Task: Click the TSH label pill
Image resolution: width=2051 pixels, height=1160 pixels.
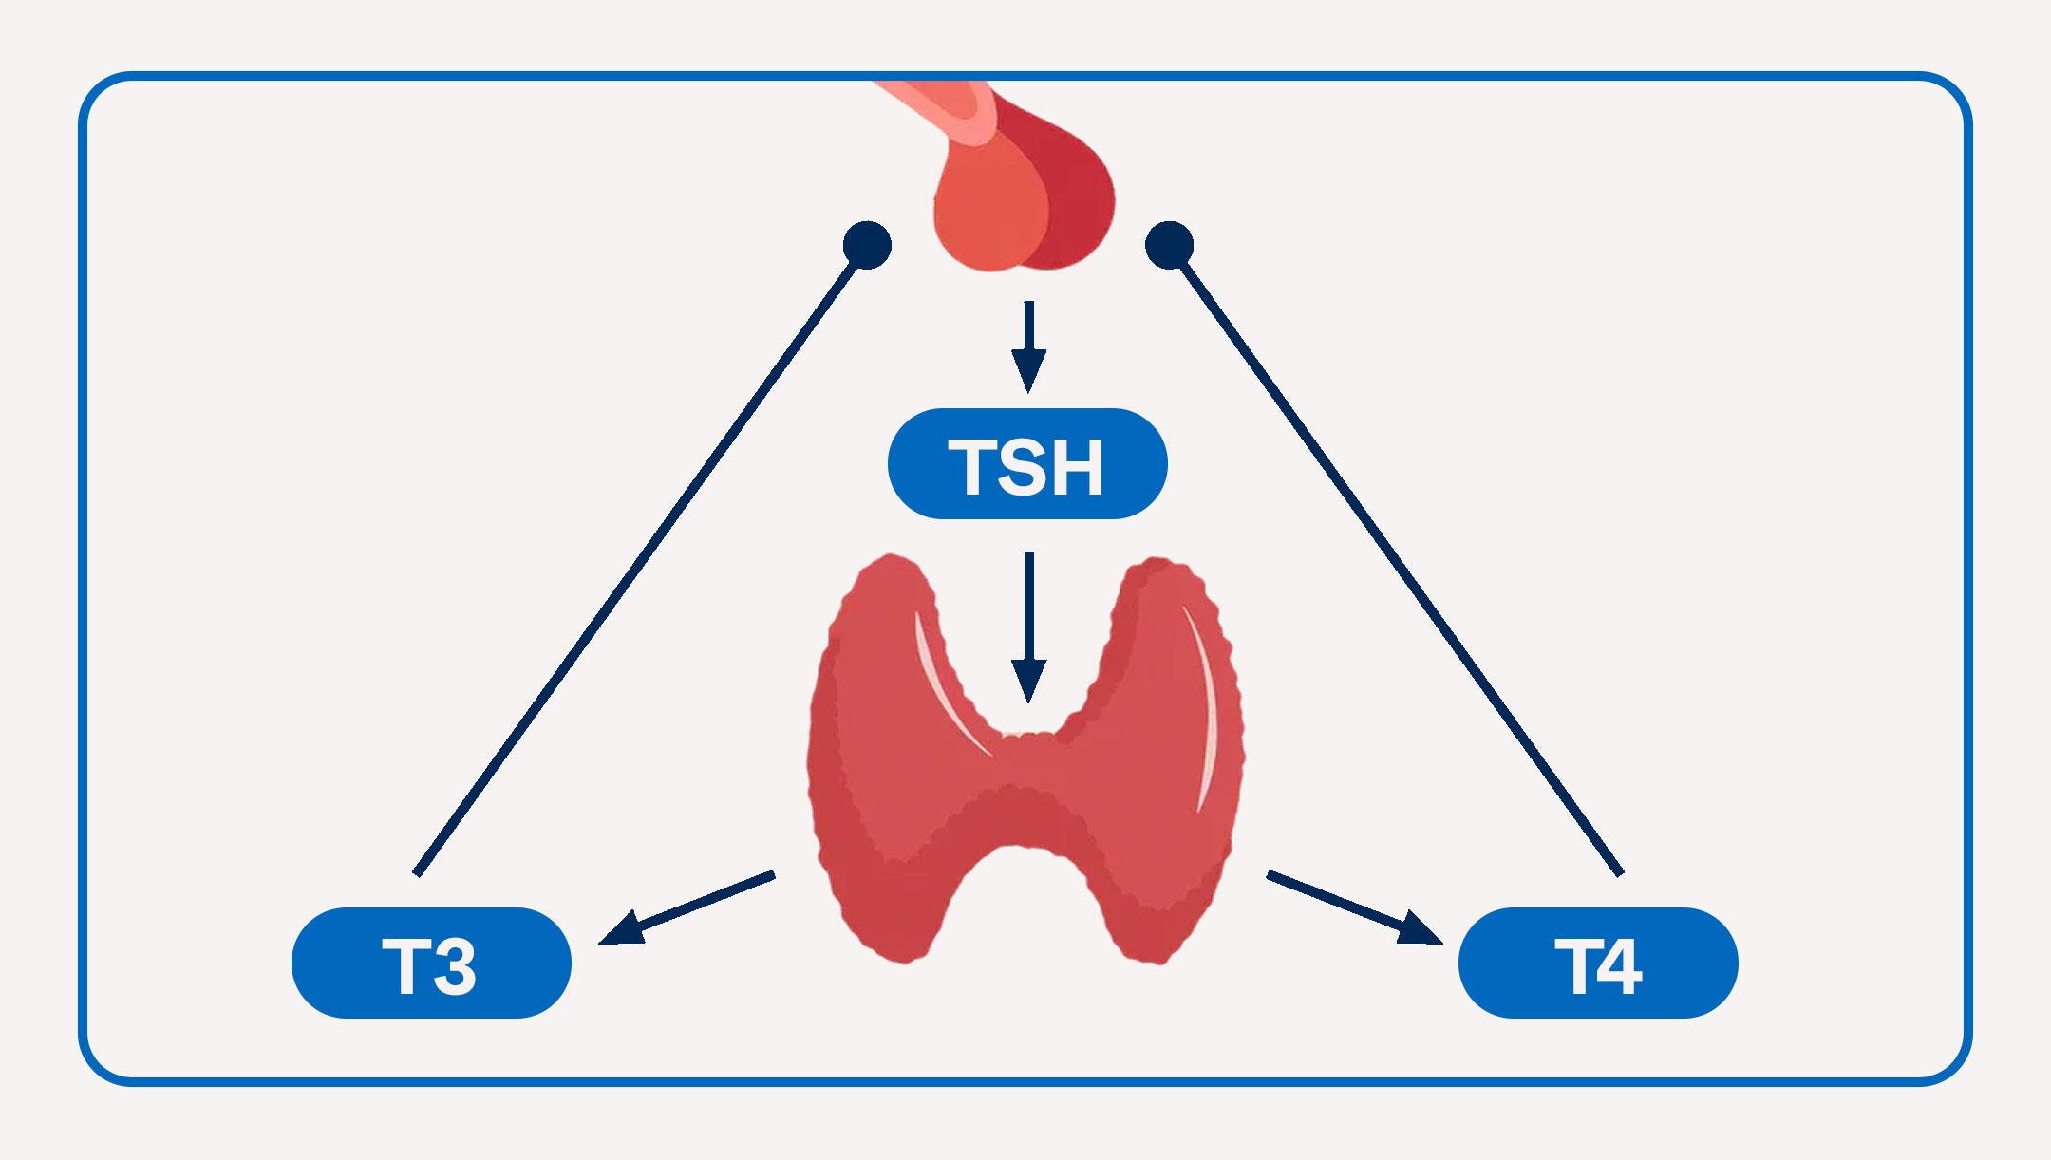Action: click(x=1026, y=463)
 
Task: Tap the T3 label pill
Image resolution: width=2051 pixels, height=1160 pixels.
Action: click(x=431, y=963)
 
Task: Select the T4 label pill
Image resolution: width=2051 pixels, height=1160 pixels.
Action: click(x=1598, y=963)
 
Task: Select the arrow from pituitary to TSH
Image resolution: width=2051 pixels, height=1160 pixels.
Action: click(x=1028, y=346)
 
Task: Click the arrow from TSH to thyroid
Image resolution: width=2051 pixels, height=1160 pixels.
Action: click(x=1028, y=627)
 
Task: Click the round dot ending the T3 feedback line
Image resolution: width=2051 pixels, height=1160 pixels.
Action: click(x=867, y=246)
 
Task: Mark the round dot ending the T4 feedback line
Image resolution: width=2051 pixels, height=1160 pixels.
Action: click(x=1169, y=246)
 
